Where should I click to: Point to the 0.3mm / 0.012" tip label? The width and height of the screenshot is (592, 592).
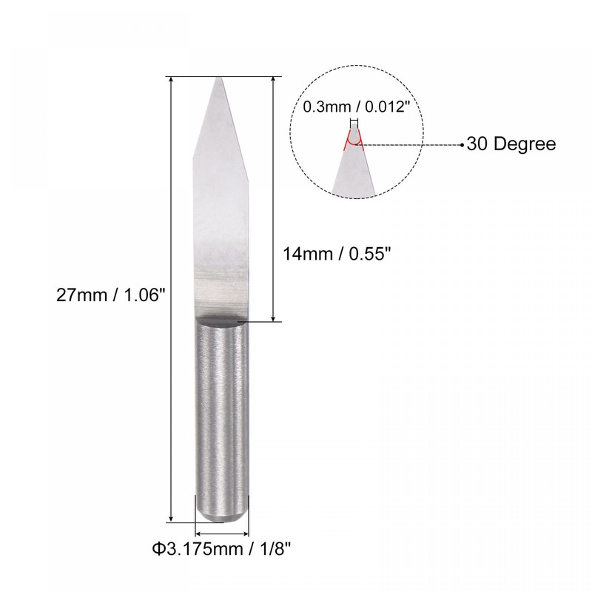[356, 107]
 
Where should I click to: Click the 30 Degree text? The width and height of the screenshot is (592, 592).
[511, 144]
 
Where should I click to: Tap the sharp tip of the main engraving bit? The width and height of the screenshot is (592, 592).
[220, 78]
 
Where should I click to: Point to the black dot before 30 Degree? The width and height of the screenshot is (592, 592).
[462, 144]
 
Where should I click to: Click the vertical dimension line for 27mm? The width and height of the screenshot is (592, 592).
[172, 296]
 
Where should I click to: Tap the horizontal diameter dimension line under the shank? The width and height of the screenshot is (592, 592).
[221, 532]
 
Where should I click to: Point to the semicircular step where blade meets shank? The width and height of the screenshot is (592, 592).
[222, 319]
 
